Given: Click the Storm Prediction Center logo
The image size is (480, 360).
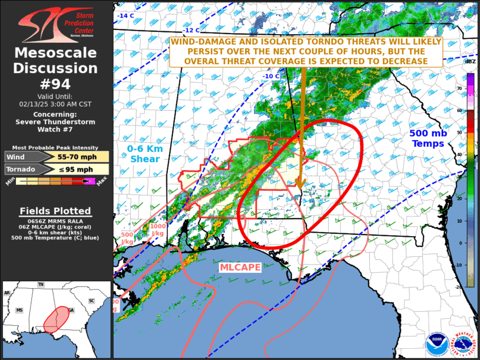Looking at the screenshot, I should (56, 25).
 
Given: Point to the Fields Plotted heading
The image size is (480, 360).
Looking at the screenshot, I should (55, 211).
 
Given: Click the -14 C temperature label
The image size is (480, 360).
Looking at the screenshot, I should (125, 15).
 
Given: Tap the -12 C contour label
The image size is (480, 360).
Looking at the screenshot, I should (192, 30).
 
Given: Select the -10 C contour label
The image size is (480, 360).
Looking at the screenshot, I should (271, 76).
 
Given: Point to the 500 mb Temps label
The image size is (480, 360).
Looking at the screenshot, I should (428, 138).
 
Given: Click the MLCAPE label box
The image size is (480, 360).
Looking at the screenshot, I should (240, 267).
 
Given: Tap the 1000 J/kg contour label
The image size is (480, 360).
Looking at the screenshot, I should (158, 230).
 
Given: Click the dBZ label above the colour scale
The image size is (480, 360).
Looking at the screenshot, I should (471, 62).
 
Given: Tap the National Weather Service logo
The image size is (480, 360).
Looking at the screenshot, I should (464, 344).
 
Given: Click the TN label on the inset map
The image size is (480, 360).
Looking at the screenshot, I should (41, 285).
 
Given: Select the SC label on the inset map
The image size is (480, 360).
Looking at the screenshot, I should (91, 300).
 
